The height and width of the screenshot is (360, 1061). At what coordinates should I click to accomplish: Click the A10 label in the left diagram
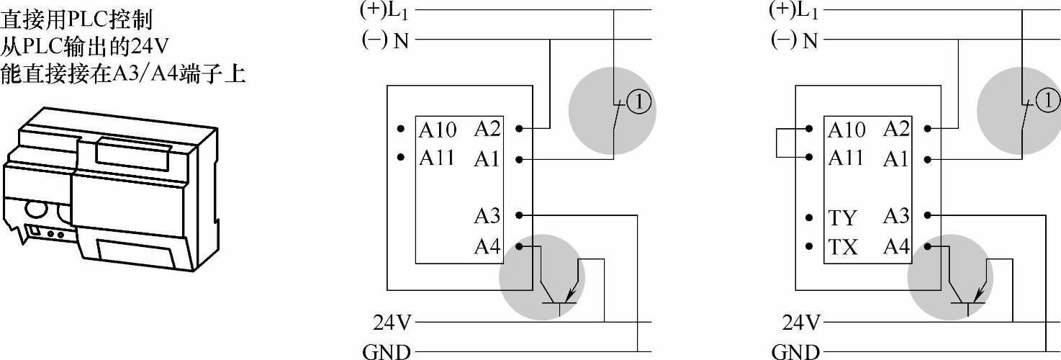pos(438,130)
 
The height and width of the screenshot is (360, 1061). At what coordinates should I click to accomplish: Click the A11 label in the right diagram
pos(846,158)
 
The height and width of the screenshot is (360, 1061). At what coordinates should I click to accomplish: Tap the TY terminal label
pos(842,218)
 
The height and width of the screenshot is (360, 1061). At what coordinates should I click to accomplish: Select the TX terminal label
pos(842,248)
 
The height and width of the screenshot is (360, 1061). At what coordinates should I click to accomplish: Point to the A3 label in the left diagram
pos(487,215)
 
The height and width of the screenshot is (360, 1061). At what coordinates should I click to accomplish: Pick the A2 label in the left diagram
pos(487,129)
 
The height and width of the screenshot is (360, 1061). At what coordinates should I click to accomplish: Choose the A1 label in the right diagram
pos(896,159)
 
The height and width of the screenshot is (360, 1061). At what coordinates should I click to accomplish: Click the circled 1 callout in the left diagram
pos(639,104)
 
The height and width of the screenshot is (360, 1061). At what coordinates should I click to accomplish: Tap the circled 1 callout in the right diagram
pos(1048,103)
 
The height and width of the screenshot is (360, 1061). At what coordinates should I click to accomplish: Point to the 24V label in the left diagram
pos(392,322)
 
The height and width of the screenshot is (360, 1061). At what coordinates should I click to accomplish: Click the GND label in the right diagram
pos(795,352)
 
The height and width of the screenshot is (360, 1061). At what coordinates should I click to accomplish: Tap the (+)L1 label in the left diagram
pos(382,10)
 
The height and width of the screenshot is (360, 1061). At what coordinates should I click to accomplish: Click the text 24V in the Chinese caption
pos(150,47)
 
